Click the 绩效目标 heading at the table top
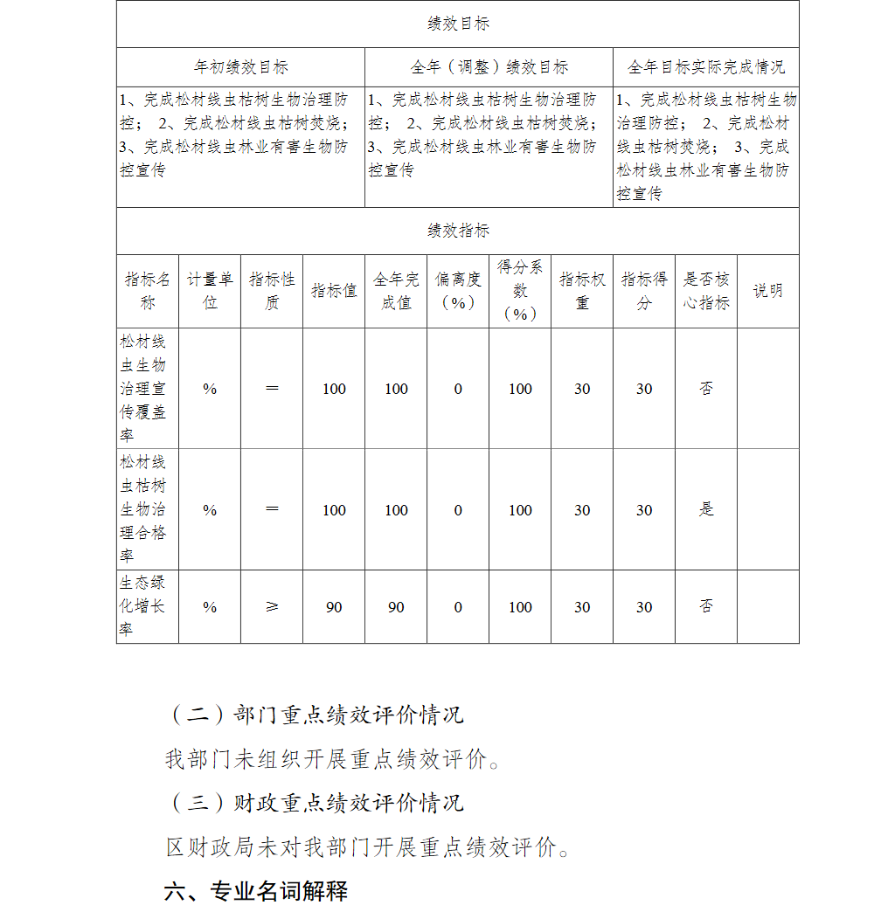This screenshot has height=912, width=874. click(458, 24)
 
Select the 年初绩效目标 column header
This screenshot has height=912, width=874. click(240, 66)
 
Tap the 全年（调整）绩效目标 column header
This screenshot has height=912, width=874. click(489, 66)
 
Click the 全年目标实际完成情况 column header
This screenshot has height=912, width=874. click(705, 66)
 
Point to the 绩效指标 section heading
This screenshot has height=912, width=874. click(458, 231)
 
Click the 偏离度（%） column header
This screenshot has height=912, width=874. click(458, 291)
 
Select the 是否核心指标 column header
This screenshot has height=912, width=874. click(705, 291)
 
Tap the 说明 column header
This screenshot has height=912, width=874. click(767, 291)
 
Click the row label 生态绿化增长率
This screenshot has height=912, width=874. click(147, 606)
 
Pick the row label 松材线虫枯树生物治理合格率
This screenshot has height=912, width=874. click(147, 509)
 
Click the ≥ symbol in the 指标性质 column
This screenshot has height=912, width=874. click(272, 606)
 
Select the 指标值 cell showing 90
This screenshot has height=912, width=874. click(334, 607)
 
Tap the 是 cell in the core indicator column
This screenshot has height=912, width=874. click(706, 509)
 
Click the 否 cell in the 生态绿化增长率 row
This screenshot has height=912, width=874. click(706, 606)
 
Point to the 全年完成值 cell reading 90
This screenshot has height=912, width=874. click(396, 607)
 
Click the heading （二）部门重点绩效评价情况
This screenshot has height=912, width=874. click(316, 715)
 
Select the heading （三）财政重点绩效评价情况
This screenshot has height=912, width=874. click(316, 803)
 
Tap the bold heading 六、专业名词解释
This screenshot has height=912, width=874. click(256, 891)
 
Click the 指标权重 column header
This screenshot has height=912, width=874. click(582, 291)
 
